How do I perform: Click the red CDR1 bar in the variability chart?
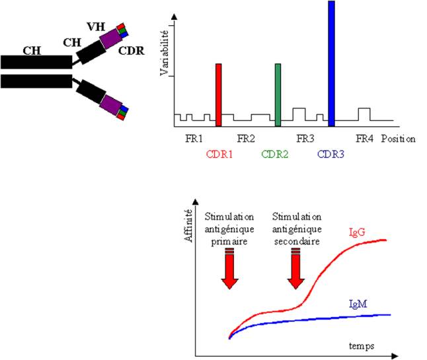coord(218,95)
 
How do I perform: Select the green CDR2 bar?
coord(278,95)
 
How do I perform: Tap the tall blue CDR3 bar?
coord(331,63)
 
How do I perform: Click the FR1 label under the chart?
coord(194,139)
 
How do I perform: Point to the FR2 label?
coord(246,139)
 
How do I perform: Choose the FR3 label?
coord(305,139)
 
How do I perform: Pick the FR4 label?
coord(364,139)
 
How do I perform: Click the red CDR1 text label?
coord(219,155)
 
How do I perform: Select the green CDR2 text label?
coord(274,155)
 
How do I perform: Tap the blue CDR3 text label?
coord(330,155)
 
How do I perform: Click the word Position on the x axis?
coord(398,139)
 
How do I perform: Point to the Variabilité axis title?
coord(165,53)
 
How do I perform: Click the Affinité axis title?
coord(188,225)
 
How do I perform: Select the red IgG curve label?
coord(357,233)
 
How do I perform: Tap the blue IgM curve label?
coord(358,304)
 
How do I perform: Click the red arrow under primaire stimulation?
coord(229,269)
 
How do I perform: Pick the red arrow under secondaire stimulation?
coord(295,269)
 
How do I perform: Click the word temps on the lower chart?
coord(362,346)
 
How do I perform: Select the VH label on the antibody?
coord(96,26)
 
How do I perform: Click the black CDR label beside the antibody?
coord(132,51)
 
